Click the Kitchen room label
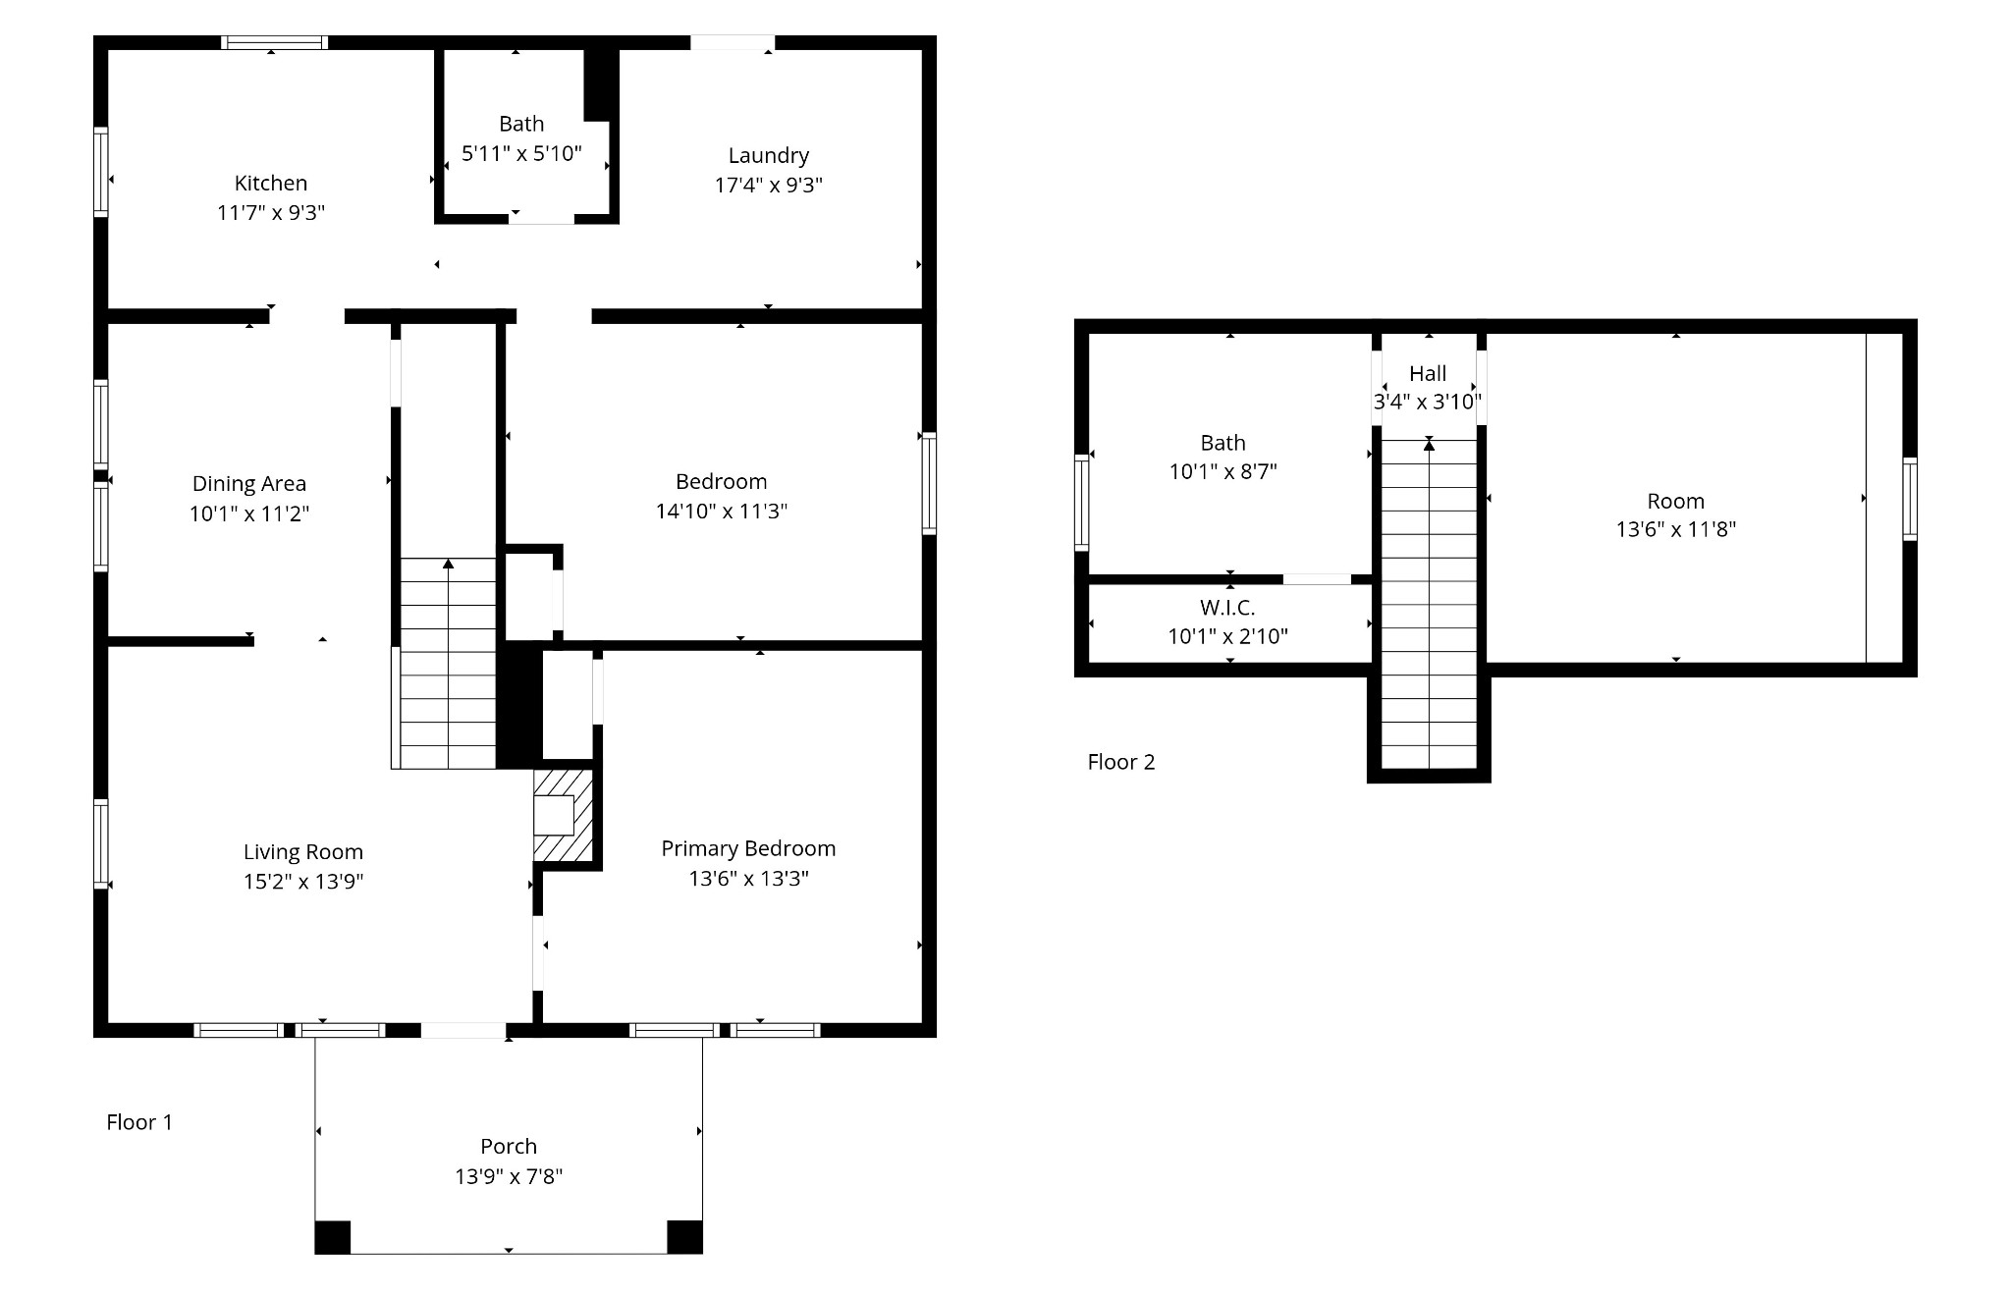(271, 183)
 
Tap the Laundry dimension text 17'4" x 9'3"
(769, 185)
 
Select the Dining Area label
(249, 483)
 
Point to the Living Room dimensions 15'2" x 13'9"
(303, 882)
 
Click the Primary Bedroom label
(748, 848)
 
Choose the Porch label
(509, 1146)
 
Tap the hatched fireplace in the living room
(564, 815)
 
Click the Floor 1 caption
(139, 1122)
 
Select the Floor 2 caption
(1121, 762)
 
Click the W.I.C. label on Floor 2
(1227, 608)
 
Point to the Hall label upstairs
(1428, 373)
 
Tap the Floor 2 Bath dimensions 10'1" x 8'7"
(1223, 471)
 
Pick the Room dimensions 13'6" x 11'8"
(1676, 529)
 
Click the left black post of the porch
(333, 1237)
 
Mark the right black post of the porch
(684, 1237)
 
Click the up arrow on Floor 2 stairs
(1430, 446)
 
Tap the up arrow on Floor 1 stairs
(448, 564)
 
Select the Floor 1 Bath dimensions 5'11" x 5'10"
(521, 153)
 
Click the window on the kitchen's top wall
(274, 42)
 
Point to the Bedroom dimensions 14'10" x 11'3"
(722, 511)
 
